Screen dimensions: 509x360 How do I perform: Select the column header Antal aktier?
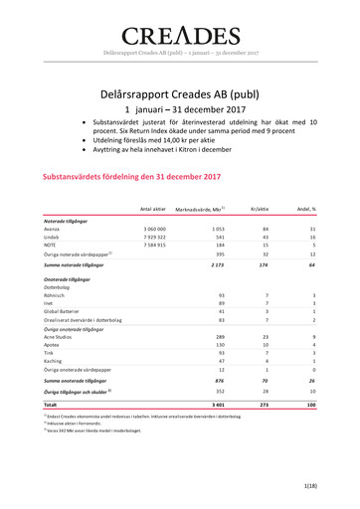(152, 209)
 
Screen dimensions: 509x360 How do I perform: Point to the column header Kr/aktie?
(261, 209)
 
